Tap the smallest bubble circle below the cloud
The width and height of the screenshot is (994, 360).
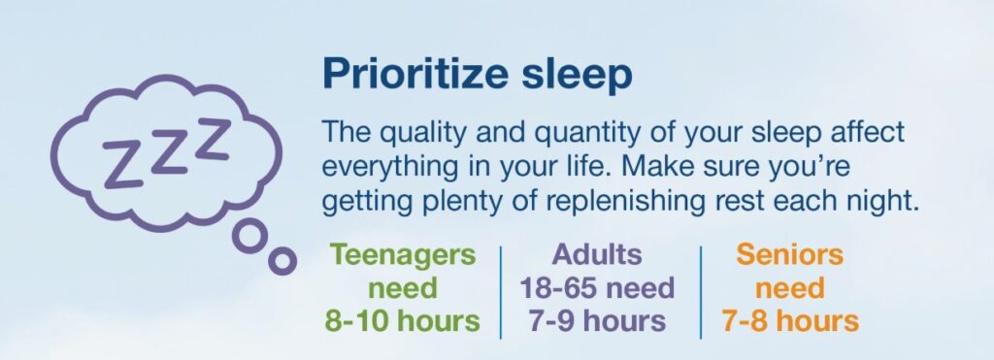point(282,259)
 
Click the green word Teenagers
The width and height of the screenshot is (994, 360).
point(403,255)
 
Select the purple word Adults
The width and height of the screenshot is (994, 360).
point(597,255)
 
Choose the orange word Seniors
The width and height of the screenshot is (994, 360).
point(789,255)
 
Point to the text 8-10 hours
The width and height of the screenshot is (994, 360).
point(403,320)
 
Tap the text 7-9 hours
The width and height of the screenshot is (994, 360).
point(597,320)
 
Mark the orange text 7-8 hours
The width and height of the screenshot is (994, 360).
point(789,320)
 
